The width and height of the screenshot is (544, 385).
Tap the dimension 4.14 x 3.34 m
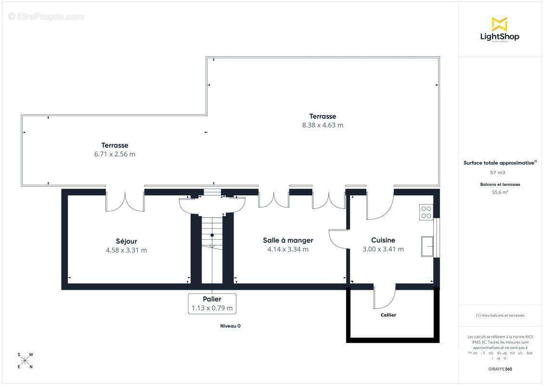pyautogui.click(x=288, y=249)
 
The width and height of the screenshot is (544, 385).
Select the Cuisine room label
pyautogui.click(x=383, y=240)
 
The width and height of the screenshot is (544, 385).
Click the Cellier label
pyautogui.click(x=388, y=315)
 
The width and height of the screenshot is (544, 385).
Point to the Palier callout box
pyautogui.click(x=212, y=304)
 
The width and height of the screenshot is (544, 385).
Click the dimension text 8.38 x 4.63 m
pyautogui.click(x=323, y=125)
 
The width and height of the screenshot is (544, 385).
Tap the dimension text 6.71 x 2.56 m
pyautogui.click(x=115, y=154)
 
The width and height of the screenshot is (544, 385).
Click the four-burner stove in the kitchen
pyautogui.click(x=426, y=212)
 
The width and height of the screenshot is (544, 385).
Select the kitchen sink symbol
pyautogui.click(x=427, y=246)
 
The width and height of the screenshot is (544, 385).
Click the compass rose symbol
pyautogui.click(x=25, y=360)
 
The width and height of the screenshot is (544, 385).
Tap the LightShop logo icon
pyautogui.click(x=499, y=24)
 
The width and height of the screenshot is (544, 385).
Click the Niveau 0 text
pyautogui.click(x=230, y=326)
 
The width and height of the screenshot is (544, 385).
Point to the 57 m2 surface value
pyautogui.click(x=498, y=172)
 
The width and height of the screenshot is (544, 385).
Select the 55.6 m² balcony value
pyautogui.click(x=501, y=192)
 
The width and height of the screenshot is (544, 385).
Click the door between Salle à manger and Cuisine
pyautogui.click(x=339, y=238)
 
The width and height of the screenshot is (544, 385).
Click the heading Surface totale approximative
pyautogui.click(x=499, y=163)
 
